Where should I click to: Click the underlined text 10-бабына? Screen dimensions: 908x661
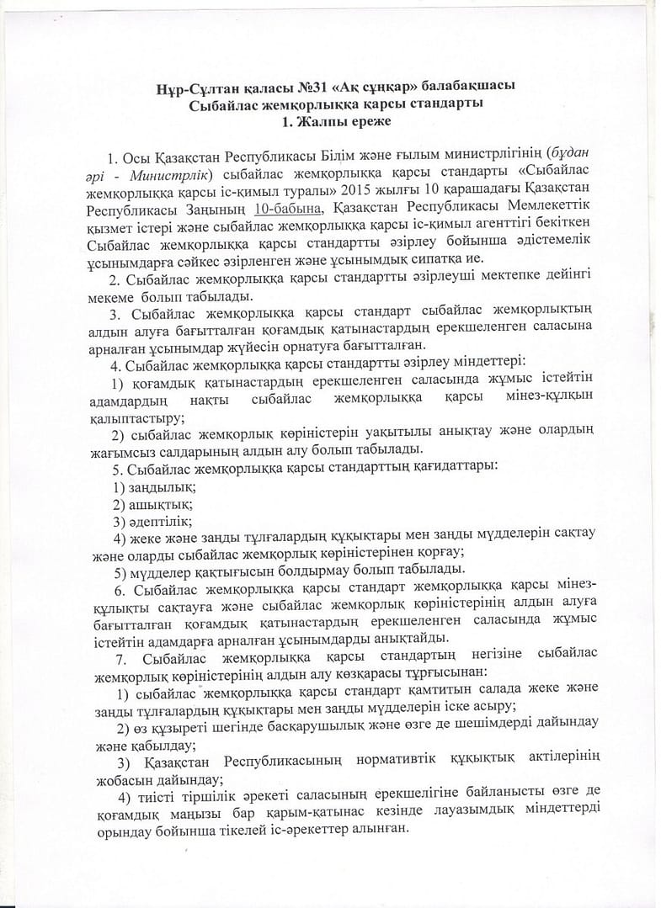pyautogui.click(x=292, y=208)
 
